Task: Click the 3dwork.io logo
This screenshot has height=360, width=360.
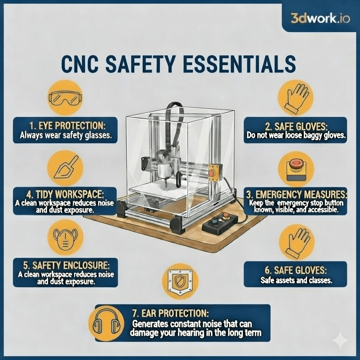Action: click(320, 18)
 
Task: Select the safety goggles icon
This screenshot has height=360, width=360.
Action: click(65, 98)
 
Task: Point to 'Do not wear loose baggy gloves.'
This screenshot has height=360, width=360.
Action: click(296, 135)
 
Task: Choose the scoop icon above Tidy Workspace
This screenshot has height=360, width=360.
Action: click(66, 167)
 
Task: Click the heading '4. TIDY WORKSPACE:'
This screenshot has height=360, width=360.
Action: click(65, 195)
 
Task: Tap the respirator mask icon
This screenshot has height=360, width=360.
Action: click(65, 237)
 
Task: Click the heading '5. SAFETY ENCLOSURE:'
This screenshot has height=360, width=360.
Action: click(66, 265)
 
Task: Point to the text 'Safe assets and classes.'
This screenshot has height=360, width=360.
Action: click(296, 280)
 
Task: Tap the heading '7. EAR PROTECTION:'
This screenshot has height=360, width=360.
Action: click(171, 313)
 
